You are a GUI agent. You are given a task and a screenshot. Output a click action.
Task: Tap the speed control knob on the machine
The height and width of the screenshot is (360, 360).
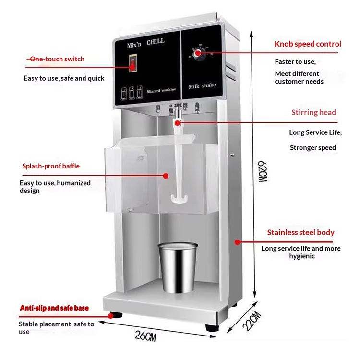pyautogui.click(x=198, y=52)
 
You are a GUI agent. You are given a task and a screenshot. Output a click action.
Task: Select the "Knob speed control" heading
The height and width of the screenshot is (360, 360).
pyautogui.click(x=308, y=44)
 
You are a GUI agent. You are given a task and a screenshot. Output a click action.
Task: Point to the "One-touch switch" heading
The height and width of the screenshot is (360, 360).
pyautogui.click(x=57, y=59)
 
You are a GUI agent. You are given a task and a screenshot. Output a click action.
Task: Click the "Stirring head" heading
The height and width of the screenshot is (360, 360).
pyautogui.click(x=313, y=113)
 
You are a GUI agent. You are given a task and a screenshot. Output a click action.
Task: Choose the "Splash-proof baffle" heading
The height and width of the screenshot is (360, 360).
pyautogui.click(x=51, y=166)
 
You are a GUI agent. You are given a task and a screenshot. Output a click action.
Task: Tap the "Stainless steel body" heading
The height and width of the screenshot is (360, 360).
pyautogui.click(x=300, y=233)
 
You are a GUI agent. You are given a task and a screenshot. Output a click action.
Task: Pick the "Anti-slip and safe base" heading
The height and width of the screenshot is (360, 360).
pyautogui.click(x=54, y=308)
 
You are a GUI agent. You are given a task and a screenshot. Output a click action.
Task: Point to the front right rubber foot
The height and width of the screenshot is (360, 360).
pyautogui.click(x=212, y=327)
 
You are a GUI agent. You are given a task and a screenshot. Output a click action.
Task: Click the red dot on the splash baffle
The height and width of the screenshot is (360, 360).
pyautogui.click(x=166, y=176)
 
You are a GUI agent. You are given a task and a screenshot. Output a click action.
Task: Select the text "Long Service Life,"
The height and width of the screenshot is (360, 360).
pyautogui.click(x=315, y=132)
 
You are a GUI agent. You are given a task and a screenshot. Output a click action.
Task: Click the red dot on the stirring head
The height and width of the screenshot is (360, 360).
pyautogui.click(x=178, y=122)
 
